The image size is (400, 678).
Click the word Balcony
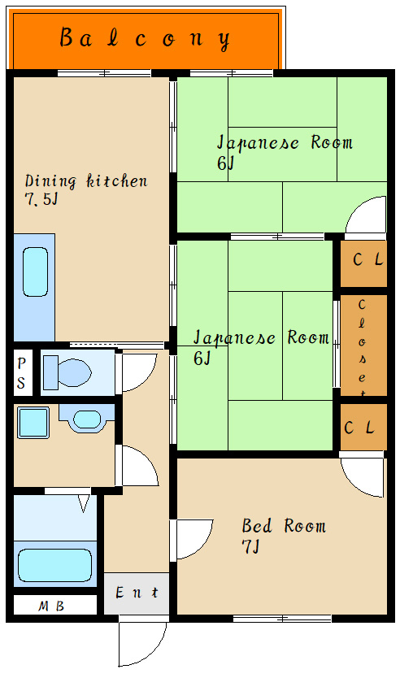pos(145,39)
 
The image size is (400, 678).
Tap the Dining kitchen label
pos(86,180)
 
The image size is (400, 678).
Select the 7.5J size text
pos(41,199)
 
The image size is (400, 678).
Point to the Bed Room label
pos(284,526)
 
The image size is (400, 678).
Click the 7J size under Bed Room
pos(250,547)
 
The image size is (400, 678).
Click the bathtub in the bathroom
pos(55,565)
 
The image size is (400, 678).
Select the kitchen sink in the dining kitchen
pos(35,272)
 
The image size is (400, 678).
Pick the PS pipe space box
pos(22,372)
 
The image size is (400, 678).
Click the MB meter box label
pos(51,606)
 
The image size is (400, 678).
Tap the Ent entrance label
pos(137,593)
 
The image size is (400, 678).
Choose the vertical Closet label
pos(362,346)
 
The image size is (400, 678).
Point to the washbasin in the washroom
pos(87,419)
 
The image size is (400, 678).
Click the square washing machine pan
pos(33,423)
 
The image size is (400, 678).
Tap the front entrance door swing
pos(143,642)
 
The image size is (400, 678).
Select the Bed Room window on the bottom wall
pos(282,619)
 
